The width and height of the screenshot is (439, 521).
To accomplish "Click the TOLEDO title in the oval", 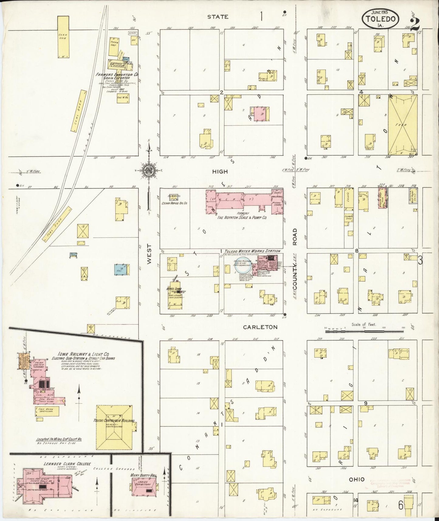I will pos(380,19).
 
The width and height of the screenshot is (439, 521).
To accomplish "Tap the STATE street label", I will pos(218,17).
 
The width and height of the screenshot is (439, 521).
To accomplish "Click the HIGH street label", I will pos(220,172).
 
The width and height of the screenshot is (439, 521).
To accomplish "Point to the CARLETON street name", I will pos(260,327).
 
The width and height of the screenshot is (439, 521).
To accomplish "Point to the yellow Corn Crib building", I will pos(63,37).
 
